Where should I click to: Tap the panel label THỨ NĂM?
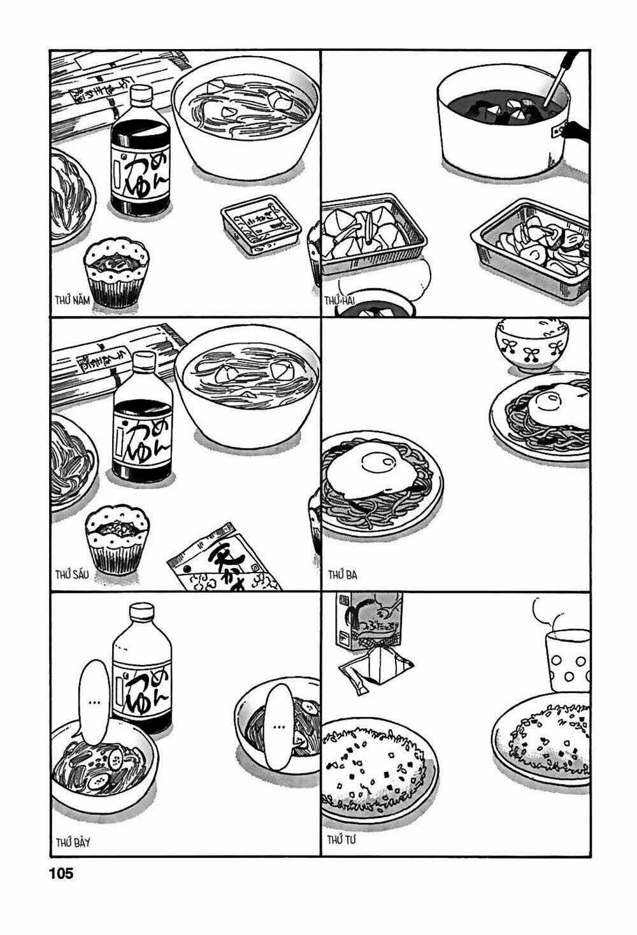72,298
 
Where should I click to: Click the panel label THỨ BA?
342,575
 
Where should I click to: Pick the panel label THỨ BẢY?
71,842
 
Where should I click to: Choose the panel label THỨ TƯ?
341,841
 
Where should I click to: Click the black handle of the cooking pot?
576,131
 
